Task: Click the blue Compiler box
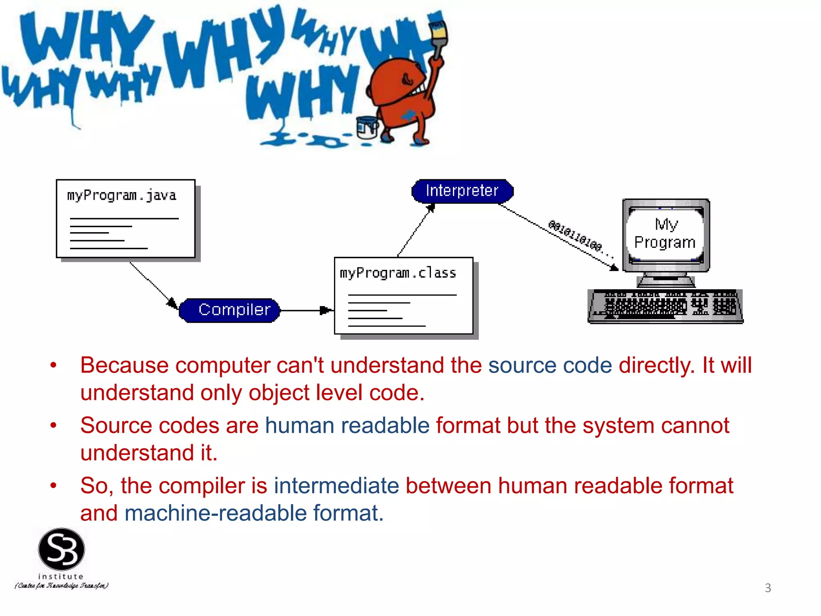coord(230,310)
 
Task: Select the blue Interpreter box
coord(462,191)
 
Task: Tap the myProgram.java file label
coord(121,196)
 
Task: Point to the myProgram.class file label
coord(398,274)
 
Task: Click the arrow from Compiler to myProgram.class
coord(306,310)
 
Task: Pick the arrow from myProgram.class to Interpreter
coord(415,231)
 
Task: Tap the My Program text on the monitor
coord(665,233)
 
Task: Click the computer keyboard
coord(665,306)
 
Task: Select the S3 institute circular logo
coord(61,549)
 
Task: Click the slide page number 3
coord(768,588)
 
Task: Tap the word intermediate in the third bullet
coord(336,486)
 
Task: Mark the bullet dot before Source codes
coord(53,426)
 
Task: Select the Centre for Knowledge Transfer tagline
coord(61,586)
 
